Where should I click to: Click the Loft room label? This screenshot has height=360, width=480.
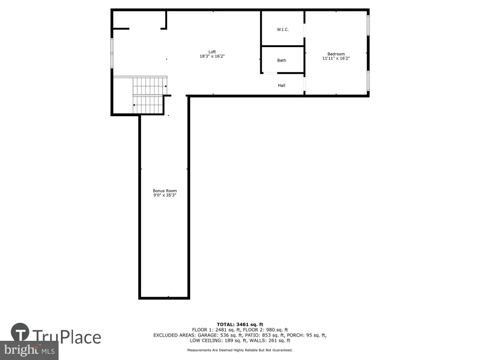pos(212,52)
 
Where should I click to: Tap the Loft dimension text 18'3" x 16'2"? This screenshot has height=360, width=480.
pos(212,56)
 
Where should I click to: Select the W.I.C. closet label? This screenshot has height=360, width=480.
pos(283,29)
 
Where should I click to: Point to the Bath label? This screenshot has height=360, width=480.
pos(282,60)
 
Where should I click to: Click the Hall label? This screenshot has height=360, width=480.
pos(282,85)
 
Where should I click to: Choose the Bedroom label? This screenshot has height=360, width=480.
pos(336,54)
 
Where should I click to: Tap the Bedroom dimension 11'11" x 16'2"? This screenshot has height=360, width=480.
pos(336,58)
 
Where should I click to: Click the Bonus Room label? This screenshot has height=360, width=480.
pos(165,191)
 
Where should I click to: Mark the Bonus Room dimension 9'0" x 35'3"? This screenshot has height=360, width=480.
pos(165,195)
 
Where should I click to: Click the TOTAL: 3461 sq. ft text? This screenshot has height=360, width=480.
pos(240,324)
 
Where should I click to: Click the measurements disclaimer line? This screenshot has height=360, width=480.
pos(240,350)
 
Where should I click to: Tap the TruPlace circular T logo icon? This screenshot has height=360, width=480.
pos(20,332)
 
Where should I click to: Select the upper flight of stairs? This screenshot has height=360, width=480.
pos(150,86)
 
